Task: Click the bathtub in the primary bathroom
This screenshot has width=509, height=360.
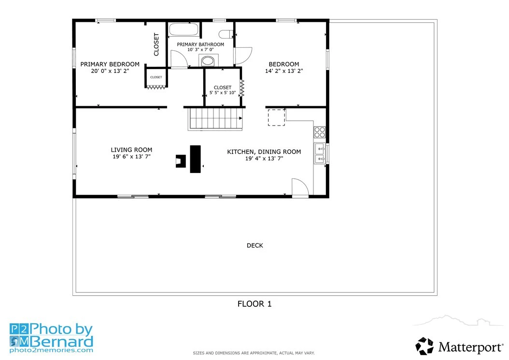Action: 184,29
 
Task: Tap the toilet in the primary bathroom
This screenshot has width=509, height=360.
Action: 226,34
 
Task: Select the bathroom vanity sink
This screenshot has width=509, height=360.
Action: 208,60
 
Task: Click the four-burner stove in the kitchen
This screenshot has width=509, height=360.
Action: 319,132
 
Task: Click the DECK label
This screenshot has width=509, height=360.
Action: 255,245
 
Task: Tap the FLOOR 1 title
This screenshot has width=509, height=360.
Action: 254,304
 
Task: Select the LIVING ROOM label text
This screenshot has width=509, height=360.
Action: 131,150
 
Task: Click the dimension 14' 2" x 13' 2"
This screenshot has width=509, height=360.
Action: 284,71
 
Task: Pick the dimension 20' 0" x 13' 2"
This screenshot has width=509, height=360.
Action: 110,71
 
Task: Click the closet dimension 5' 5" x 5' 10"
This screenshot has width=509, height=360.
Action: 223,93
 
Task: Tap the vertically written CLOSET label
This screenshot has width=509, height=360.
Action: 156,44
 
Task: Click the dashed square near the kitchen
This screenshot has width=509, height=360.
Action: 277,117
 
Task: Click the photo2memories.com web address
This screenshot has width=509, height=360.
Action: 51,350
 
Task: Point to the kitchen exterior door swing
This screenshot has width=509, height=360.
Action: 300,188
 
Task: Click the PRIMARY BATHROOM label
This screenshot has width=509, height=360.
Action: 200,44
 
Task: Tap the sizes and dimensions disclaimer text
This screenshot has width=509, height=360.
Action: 254,353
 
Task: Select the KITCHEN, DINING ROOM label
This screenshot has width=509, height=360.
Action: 264,152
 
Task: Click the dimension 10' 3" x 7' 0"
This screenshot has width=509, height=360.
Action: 200,50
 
